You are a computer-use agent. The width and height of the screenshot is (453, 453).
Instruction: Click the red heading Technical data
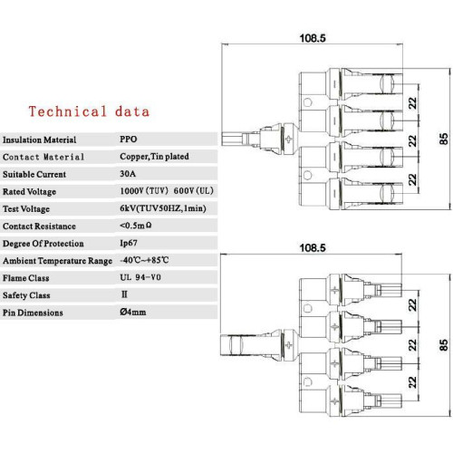pyautogui.click(x=89, y=111)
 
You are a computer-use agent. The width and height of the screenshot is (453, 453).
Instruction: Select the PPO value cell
pyautogui.click(x=129, y=140)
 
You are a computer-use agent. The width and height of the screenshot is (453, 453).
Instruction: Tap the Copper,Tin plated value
pyautogui.click(x=154, y=157)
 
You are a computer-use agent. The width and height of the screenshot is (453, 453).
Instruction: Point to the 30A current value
pyautogui.click(x=128, y=174)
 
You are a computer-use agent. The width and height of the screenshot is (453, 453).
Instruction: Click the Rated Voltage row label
pyautogui.click(x=29, y=192)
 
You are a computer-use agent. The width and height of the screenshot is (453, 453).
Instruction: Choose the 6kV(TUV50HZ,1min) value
pyautogui.click(x=163, y=208)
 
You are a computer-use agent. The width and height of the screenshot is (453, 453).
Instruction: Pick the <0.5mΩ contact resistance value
pyautogui.click(x=136, y=226)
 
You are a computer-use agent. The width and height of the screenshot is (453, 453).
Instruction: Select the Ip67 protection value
pyautogui.click(x=129, y=243)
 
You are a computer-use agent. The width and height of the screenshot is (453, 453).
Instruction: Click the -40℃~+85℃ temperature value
pyautogui.click(x=144, y=260)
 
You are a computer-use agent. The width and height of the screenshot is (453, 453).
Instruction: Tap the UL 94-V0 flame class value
pyautogui.click(x=140, y=277)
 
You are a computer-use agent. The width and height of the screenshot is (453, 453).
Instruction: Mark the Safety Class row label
pyautogui.click(x=26, y=295)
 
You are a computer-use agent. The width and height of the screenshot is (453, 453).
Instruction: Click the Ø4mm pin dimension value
pyautogui.click(x=133, y=312)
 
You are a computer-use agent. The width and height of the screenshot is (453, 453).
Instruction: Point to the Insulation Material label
pyautogui.click(x=39, y=140)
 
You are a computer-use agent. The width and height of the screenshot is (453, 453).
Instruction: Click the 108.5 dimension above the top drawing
pyautogui.click(x=313, y=38)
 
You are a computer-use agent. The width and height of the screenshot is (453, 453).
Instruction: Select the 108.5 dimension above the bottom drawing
pyautogui.click(x=313, y=248)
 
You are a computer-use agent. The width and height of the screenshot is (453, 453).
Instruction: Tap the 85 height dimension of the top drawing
pyautogui.click(x=444, y=139)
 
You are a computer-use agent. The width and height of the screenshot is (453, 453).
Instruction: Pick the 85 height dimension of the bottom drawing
pyautogui.click(x=444, y=345)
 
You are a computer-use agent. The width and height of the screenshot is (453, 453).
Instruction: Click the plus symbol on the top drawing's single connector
pyautogui.click(x=289, y=140)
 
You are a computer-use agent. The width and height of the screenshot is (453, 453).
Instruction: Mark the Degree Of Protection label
pyautogui.click(x=43, y=244)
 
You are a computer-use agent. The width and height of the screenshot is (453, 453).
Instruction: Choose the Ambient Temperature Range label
pyautogui.click(x=57, y=261)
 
